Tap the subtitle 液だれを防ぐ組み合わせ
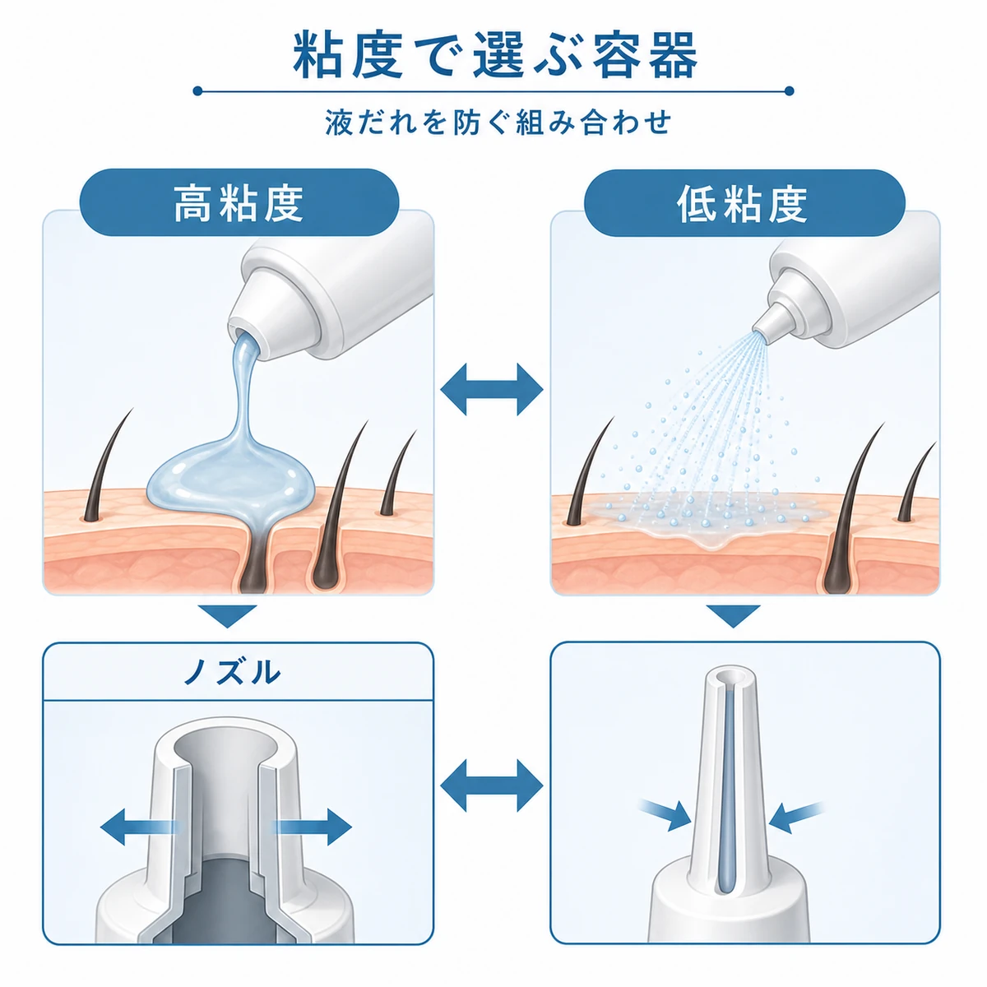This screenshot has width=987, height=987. pyautogui.click(x=498, y=123)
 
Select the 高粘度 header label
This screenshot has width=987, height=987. pyautogui.click(x=239, y=203)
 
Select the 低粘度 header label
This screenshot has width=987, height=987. pyautogui.click(x=744, y=203)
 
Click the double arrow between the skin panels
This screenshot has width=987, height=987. pyautogui.click(x=492, y=389)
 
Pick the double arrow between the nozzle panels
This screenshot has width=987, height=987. pyautogui.click(x=492, y=785)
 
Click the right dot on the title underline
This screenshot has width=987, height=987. pyautogui.click(x=790, y=91)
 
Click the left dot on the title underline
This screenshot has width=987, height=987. pyautogui.click(x=198, y=91)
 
